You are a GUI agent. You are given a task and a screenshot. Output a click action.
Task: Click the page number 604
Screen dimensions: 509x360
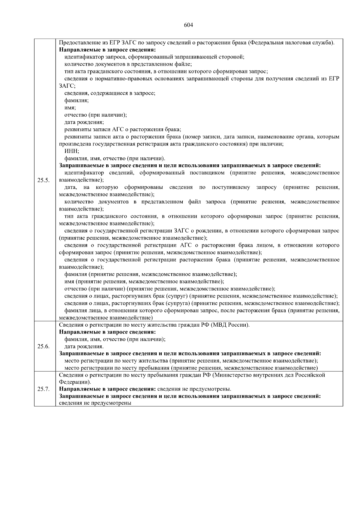pyautogui.click(x=188, y=25)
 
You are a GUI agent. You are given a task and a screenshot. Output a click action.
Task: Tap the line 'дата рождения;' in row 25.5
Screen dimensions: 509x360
pyautogui.click(x=84, y=122)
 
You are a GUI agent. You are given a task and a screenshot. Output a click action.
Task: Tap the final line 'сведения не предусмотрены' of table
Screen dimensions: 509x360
pyautogui.click(x=95, y=403)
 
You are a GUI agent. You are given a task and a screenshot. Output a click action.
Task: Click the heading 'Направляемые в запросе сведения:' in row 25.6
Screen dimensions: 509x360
pyautogui.click(x=107, y=332)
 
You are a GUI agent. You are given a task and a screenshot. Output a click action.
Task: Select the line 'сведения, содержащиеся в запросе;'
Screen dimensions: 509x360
pyautogui.click(x=110, y=93)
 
